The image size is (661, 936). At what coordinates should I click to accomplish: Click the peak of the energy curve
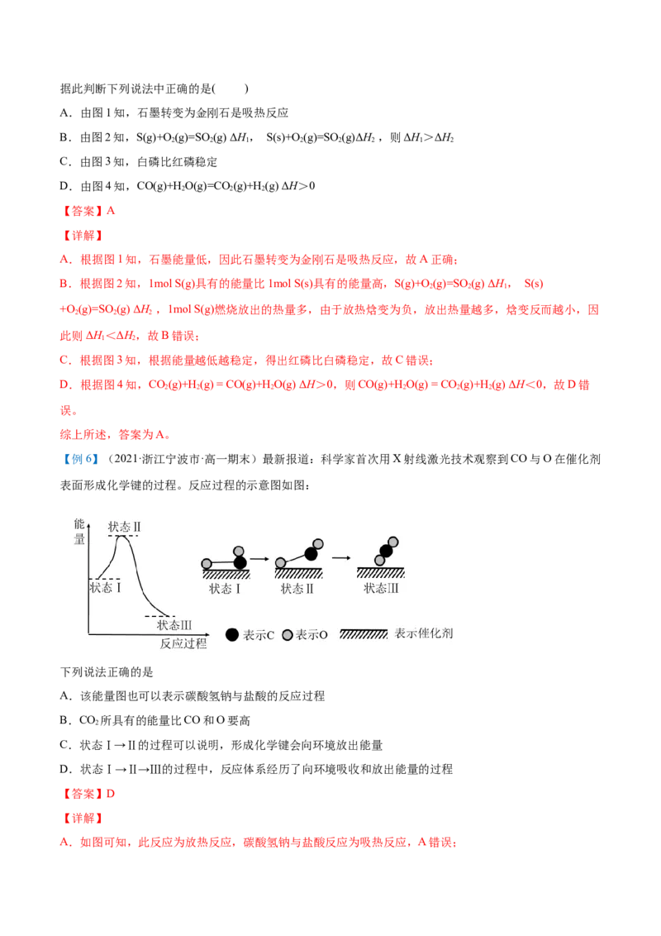(x=122, y=536)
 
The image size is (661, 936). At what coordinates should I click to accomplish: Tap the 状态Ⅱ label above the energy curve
(x=124, y=527)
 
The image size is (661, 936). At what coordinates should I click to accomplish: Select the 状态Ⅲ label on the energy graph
(x=174, y=625)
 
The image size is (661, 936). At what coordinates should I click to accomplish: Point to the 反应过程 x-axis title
(x=183, y=643)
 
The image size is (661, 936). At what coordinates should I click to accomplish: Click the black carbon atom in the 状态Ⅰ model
(x=240, y=562)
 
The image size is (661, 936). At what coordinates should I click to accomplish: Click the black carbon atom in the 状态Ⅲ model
(x=386, y=551)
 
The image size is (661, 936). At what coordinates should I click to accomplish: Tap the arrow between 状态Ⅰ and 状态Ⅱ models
(x=259, y=559)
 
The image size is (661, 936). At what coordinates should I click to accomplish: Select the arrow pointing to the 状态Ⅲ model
(x=340, y=558)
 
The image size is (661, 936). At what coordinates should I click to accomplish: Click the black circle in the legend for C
(x=232, y=634)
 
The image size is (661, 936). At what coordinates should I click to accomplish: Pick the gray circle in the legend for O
(x=288, y=634)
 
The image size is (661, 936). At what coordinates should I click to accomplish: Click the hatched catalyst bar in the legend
(x=364, y=634)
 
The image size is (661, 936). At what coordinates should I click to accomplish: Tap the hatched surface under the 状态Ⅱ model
(x=298, y=574)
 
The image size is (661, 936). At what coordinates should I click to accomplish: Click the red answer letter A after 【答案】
(x=111, y=211)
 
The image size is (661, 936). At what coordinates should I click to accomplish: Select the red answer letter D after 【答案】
(x=111, y=793)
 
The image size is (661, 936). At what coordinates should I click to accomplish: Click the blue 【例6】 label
(x=80, y=459)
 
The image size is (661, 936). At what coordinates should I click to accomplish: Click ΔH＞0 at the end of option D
(x=298, y=186)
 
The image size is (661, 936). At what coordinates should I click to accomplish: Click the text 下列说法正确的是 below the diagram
(x=107, y=671)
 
